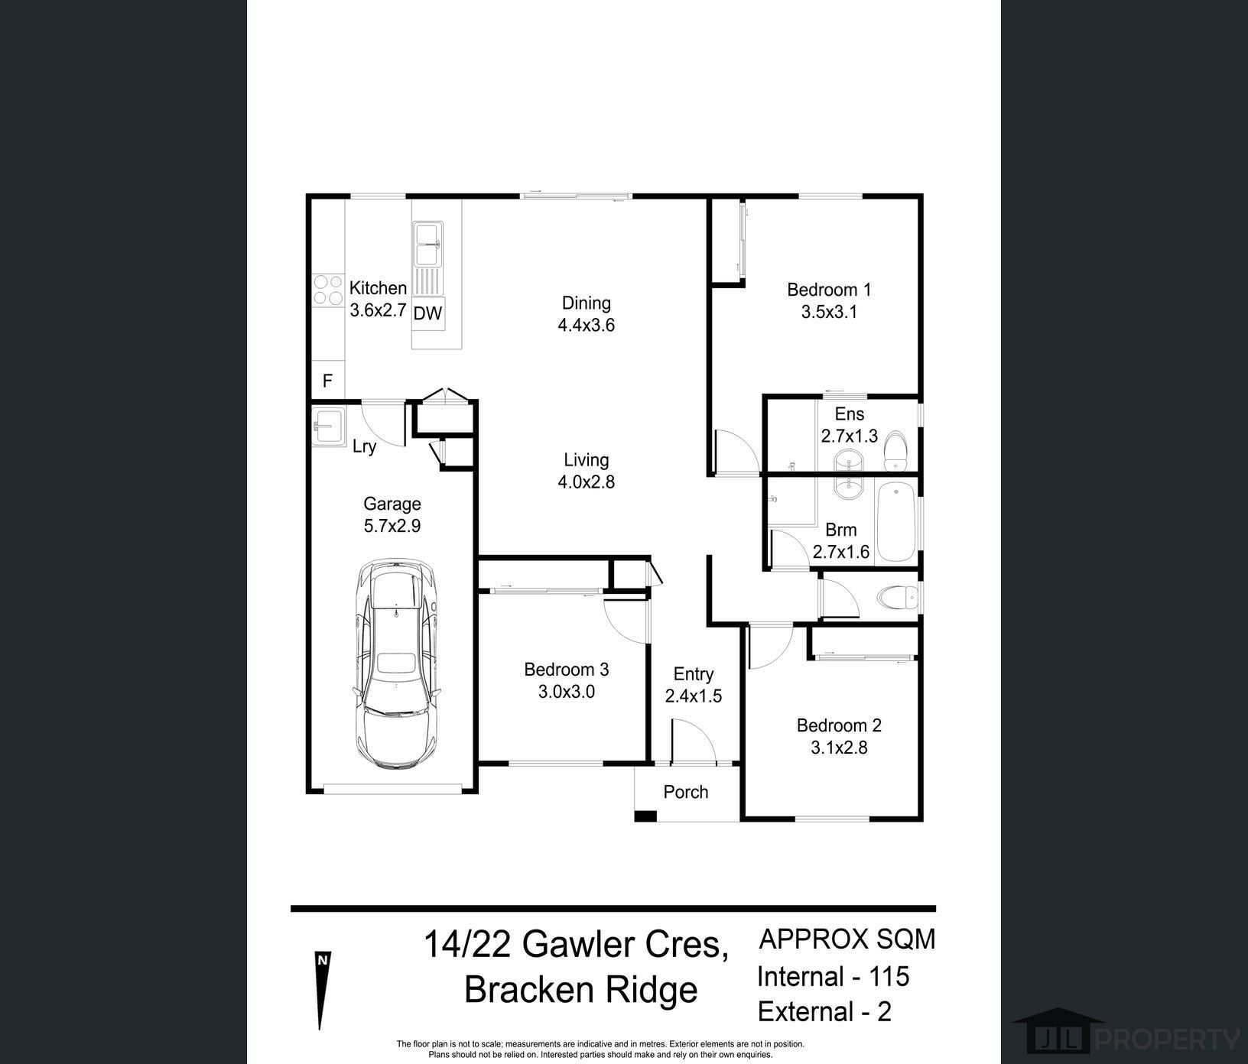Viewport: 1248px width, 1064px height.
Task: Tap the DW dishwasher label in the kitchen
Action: (x=427, y=313)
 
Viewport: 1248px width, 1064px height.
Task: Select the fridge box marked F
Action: (x=327, y=381)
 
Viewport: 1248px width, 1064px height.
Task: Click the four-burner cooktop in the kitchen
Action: (x=327, y=290)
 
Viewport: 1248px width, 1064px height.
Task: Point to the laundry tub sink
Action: (x=329, y=426)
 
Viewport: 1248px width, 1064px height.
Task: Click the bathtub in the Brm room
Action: (x=895, y=523)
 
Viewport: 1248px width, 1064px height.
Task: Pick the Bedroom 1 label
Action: (x=829, y=290)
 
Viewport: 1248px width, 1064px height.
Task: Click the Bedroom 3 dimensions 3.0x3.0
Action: (x=567, y=692)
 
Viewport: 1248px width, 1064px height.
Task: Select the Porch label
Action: (x=686, y=792)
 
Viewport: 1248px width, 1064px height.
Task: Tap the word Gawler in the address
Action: (x=576, y=944)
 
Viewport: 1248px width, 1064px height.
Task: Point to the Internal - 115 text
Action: (x=834, y=976)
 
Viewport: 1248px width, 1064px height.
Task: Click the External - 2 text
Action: (x=824, y=1011)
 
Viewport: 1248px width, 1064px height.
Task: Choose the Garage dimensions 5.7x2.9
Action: (x=392, y=526)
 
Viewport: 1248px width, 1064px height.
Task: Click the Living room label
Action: (x=587, y=460)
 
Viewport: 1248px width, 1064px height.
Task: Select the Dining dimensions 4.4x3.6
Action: (x=587, y=325)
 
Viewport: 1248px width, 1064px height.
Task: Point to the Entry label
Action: (x=694, y=674)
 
